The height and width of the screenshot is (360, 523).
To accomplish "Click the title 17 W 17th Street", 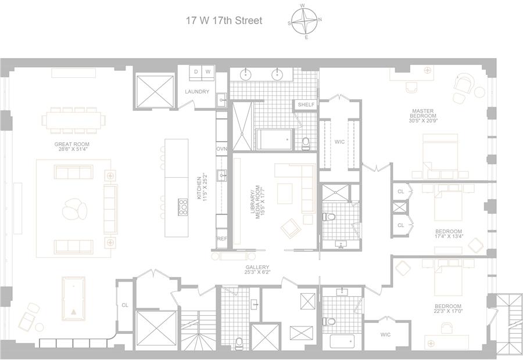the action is point(224,21).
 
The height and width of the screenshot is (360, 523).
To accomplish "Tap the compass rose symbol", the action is point(305,21).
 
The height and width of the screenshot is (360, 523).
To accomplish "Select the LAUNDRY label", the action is point(197,92).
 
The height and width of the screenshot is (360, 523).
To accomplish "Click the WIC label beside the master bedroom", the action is point(340,141).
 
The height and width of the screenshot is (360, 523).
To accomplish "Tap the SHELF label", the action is point(306,105).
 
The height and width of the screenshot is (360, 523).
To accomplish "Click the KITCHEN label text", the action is point(199,188).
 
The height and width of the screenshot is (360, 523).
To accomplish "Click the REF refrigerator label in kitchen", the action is point(221,239).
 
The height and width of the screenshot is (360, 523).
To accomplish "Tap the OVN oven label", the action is point(221,149).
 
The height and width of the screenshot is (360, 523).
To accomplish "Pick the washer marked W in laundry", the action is point(207,71).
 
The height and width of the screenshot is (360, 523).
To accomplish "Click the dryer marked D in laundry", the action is point(196,71).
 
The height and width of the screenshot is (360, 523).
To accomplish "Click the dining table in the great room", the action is point(74,120).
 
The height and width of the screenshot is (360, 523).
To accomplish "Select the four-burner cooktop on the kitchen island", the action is point(183,205).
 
